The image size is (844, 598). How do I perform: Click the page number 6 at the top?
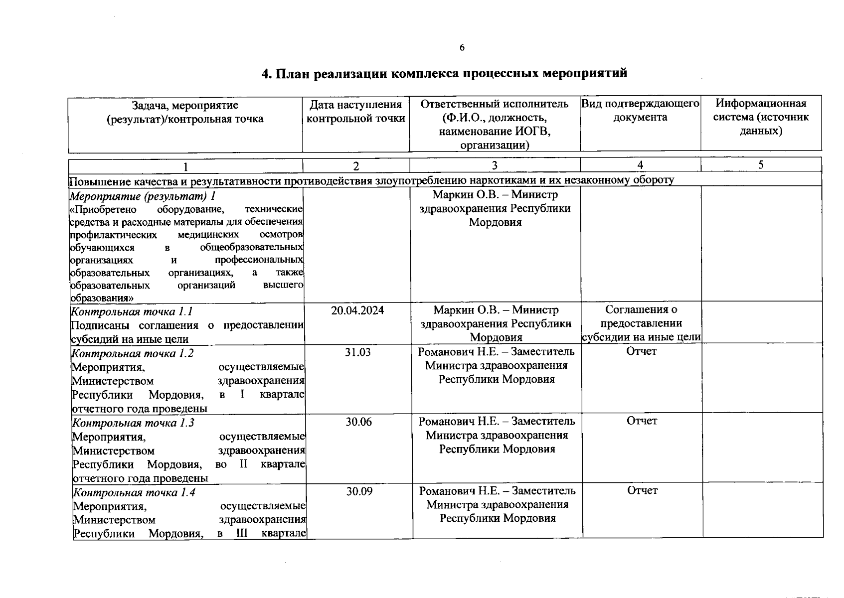coord(462,47)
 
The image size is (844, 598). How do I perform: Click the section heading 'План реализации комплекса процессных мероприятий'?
coord(444,73)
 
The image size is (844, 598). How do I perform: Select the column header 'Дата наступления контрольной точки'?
coord(355,112)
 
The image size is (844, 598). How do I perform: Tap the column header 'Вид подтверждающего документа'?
coord(640,110)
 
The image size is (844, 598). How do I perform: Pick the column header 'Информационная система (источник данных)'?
coord(761,117)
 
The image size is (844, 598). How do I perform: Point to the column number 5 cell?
coord(761,165)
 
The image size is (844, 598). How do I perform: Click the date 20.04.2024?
coord(357,310)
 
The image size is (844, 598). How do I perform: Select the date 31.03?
coord(358,352)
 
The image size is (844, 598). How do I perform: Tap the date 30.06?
coord(359,422)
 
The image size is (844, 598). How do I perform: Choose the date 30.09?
coord(359,491)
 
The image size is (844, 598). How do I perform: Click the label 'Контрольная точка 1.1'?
coord(132,312)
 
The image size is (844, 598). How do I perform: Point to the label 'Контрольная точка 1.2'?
coord(133,353)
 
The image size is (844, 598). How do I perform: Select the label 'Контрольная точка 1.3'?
coord(133,423)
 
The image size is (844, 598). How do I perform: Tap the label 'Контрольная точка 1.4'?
coord(134,493)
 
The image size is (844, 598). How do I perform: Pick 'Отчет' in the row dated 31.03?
coord(642,351)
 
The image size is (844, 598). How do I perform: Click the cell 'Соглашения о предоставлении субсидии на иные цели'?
coord(641,323)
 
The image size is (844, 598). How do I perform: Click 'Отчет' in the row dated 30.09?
coord(643,490)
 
